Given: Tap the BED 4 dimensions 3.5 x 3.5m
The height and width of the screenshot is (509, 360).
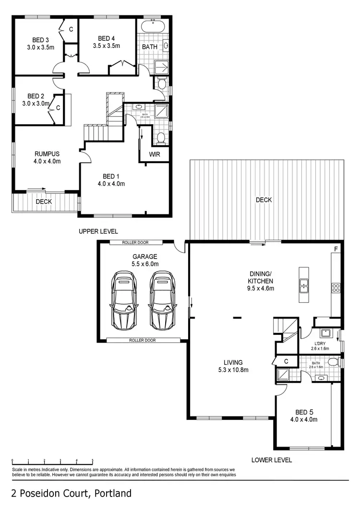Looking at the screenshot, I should [106, 46].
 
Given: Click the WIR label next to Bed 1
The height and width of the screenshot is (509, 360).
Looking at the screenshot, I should [155, 154].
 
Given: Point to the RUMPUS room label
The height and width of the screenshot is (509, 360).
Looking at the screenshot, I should [47, 154].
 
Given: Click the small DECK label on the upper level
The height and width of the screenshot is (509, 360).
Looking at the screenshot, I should [44, 202].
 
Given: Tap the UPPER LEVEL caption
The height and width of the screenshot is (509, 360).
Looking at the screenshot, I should [98, 231].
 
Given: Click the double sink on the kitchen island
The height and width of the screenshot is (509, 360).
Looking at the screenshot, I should [303, 285].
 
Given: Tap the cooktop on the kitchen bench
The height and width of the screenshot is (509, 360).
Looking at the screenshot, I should [336, 288].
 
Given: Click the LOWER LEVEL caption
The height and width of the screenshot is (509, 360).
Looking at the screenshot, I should [272, 460].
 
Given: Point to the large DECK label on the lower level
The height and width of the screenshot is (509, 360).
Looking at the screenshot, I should [264, 200].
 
